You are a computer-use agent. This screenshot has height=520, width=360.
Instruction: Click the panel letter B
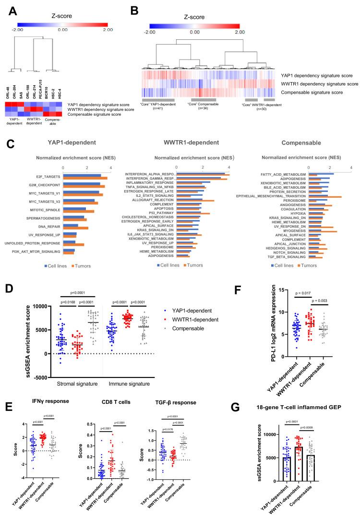(122, 9)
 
